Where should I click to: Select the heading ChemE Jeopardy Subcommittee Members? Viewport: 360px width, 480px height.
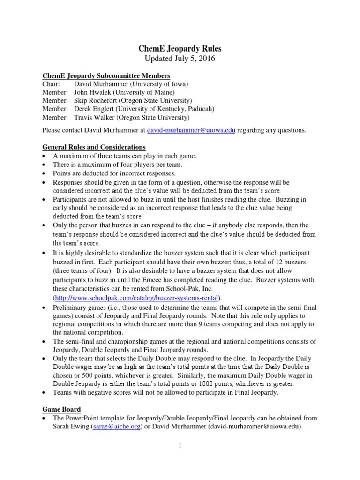[106, 76]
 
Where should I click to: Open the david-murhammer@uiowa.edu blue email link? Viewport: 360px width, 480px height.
[191, 130]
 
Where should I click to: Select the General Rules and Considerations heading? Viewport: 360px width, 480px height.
[94, 148]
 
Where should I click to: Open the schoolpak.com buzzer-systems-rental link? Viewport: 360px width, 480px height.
[132, 298]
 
